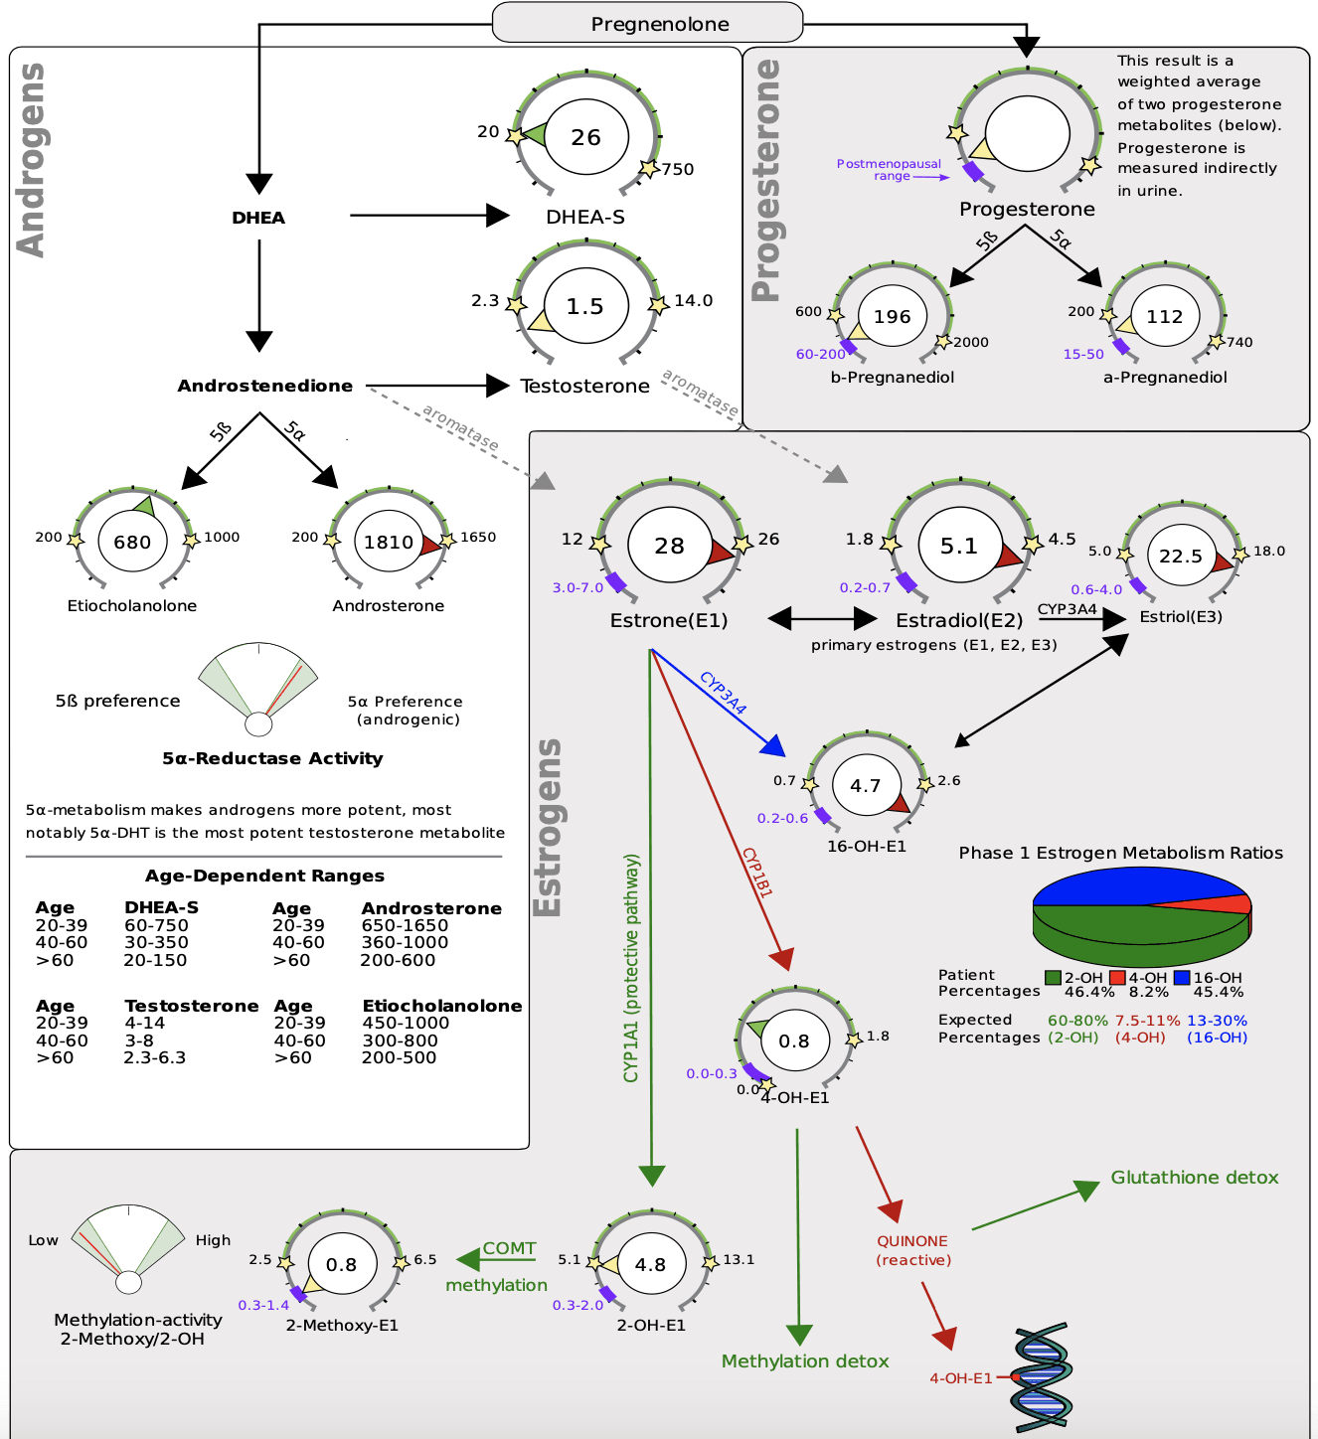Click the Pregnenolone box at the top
(647, 23)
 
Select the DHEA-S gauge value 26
(585, 137)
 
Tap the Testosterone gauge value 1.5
(584, 306)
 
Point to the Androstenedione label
(264, 386)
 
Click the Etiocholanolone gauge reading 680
(132, 542)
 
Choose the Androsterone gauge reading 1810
(388, 542)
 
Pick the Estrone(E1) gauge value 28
(669, 546)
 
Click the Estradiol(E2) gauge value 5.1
(959, 546)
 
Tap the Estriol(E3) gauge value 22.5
(1181, 557)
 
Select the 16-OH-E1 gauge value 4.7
(865, 785)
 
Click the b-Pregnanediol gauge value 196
(892, 316)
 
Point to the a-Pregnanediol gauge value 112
(1164, 316)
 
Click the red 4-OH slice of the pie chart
(1233, 903)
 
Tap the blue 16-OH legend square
(1181, 978)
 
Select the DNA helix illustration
(1041, 1377)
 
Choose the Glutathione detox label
(1194, 1178)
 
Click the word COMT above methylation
(509, 1248)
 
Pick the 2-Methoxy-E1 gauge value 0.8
(341, 1264)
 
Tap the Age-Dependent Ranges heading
(264, 876)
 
